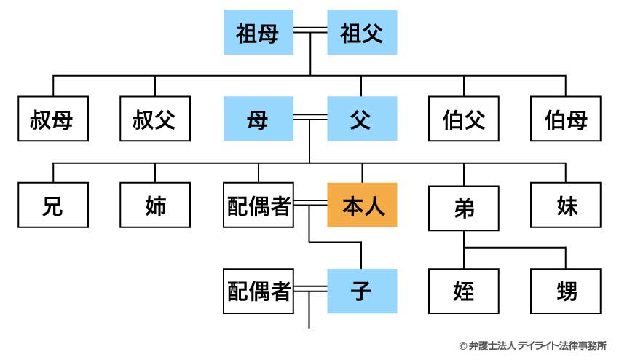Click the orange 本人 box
pyautogui.click(x=362, y=206)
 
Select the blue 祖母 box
pyautogui.click(x=258, y=33)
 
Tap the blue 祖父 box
pyautogui.click(x=362, y=33)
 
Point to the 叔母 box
pyautogui.click(x=52, y=119)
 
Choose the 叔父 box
pyautogui.click(x=155, y=119)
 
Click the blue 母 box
pyautogui.click(x=258, y=119)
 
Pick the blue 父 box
pyautogui.click(x=362, y=119)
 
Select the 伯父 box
pyautogui.click(x=464, y=119)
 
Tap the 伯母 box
pyautogui.click(x=566, y=119)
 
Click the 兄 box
pyautogui.click(x=52, y=206)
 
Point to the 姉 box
pyautogui.click(x=155, y=206)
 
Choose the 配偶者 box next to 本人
pyautogui.click(x=259, y=206)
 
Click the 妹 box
pyautogui.click(x=566, y=206)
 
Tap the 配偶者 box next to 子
pyautogui.click(x=259, y=292)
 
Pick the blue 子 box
pyautogui.click(x=362, y=292)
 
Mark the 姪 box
pyautogui.click(x=464, y=292)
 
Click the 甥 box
pyautogui.click(x=566, y=292)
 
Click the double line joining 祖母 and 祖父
pyautogui.click(x=310, y=33)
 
